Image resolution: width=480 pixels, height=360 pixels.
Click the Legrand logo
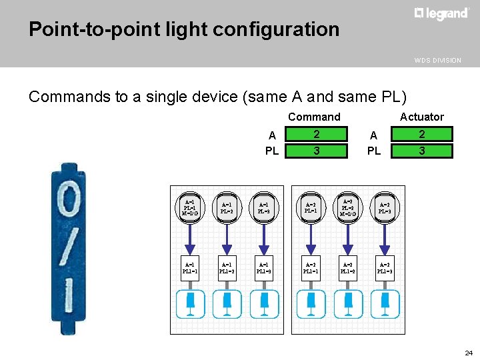click(x=441, y=13)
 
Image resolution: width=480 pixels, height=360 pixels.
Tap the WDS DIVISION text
click(x=437, y=61)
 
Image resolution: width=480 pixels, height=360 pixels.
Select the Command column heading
click(x=314, y=117)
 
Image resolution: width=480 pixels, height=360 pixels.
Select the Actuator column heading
click(x=421, y=117)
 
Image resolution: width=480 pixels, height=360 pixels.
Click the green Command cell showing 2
click(x=317, y=134)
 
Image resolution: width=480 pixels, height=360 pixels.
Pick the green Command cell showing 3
click(x=317, y=151)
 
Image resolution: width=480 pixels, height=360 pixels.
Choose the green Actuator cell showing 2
click(x=421, y=134)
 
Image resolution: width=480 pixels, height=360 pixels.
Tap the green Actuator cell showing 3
click(x=421, y=151)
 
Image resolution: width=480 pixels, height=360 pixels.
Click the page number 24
click(x=469, y=353)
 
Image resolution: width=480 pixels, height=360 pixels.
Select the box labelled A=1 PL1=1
click(x=190, y=267)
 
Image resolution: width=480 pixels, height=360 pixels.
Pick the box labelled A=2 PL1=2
click(x=347, y=267)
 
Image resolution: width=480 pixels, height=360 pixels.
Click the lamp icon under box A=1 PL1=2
click(x=227, y=304)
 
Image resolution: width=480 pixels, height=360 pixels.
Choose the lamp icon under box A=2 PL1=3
click(x=385, y=304)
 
